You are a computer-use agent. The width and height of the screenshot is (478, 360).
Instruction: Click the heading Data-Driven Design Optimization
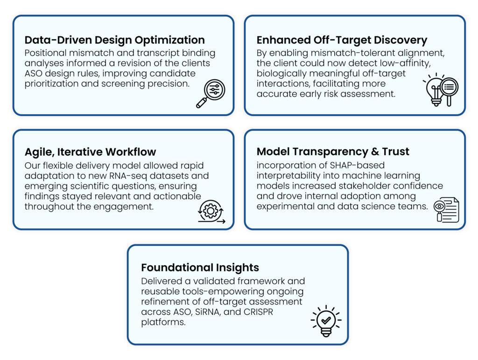[x=115, y=40]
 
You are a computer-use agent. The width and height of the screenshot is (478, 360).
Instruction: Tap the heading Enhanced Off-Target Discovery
[x=342, y=40]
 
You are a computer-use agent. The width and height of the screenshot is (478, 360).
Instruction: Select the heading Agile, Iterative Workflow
[x=90, y=152]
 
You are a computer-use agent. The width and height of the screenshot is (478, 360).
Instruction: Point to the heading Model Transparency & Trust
[x=333, y=152]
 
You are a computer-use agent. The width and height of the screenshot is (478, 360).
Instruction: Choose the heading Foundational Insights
[x=200, y=267]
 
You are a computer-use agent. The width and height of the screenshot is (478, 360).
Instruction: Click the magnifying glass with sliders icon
[x=211, y=94]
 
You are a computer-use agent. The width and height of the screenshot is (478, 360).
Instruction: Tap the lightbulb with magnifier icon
[x=441, y=90]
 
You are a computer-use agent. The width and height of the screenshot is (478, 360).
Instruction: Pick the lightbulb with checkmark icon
[x=326, y=321]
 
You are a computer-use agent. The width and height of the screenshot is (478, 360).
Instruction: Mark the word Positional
[x=45, y=53]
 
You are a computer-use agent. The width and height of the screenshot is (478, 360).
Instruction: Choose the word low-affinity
[x=405, y=63]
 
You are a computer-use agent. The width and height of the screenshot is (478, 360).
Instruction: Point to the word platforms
[x=163, y=322]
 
